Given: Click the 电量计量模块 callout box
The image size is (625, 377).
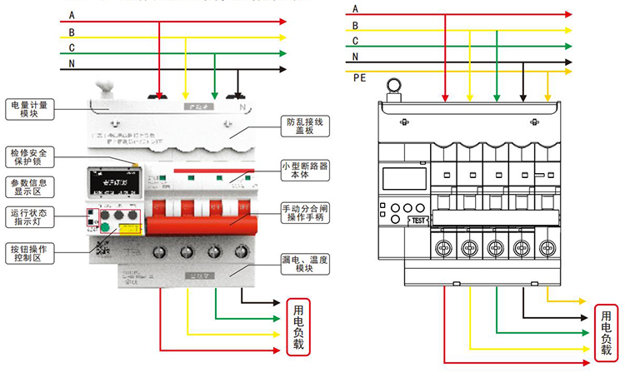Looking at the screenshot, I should coord(31,109).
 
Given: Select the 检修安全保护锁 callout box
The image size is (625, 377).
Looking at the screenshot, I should coord(31,157).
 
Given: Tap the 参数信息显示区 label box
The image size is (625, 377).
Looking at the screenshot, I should coord(31,187).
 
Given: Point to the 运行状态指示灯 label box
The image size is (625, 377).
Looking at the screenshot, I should coord(31,216).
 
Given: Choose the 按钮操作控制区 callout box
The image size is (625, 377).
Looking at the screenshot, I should coord(31,253).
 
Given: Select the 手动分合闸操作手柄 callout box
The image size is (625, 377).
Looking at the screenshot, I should coord(304,213).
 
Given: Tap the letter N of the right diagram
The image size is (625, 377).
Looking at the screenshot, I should coord(356,57).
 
